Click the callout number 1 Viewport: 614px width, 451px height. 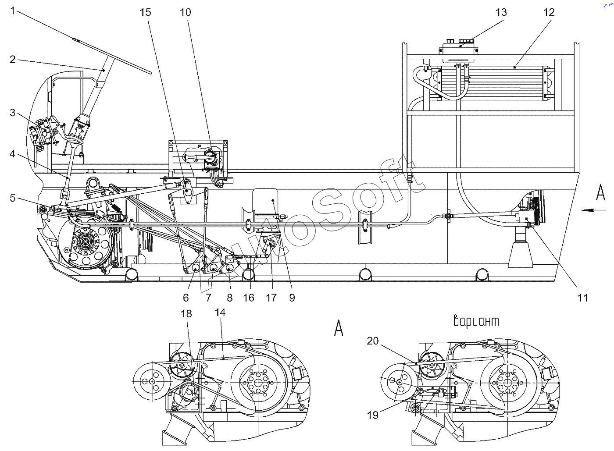click(x=13, y=11)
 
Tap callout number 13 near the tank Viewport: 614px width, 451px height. click(x=501, y=12)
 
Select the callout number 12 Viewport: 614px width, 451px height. click(x=549, y=12)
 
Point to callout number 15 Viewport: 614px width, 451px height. click(x=145, y=12)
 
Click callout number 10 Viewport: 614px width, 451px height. click(x=185, y=12)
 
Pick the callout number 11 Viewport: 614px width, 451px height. click(x=583, y=298)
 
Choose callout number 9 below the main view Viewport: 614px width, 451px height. click(x=292, y=298)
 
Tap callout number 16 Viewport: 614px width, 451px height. click(x=248, y=298)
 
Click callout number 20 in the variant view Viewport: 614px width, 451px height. click(x=372, y=341)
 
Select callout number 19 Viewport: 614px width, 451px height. click(x=372, y=415)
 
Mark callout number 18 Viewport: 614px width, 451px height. click(x=186, y=314)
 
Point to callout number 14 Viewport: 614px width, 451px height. click(x=220, y=313)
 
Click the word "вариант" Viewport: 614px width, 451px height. click(x=476, y=321)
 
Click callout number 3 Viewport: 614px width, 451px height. click(x=13, y=113)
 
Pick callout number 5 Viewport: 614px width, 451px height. click(x=13, y=198)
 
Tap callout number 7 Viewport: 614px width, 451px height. click(x=208, y=298)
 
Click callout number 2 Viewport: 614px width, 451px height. click(x=13, y=60)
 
